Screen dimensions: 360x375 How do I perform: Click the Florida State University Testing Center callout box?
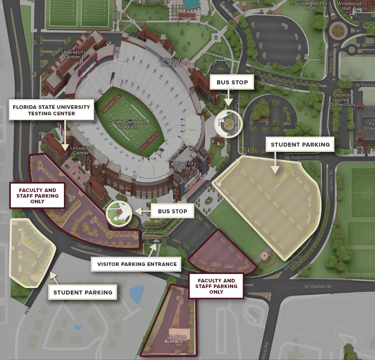pos(51,110)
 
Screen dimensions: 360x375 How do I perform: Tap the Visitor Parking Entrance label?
pos(137,264)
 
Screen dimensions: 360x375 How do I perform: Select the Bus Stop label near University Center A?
pos(232,82)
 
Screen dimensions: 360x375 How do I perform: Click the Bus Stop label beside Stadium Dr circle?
pos(172,211)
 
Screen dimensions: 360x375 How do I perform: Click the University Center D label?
pos(74,55)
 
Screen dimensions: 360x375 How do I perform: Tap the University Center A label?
pos(171,63)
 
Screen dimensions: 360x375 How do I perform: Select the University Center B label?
pos(184,166)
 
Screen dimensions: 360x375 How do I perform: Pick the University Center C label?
pos(82,150)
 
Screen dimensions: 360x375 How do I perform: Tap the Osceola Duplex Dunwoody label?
pos(342,100)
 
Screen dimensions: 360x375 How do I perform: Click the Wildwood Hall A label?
pos(349,5)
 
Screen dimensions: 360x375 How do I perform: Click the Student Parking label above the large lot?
pos(300,145)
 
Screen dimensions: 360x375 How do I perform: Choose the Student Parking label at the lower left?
pos(83,292)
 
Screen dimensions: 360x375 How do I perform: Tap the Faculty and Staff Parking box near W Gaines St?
pos(216,286)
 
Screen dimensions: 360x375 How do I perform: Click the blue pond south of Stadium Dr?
pos(137,294)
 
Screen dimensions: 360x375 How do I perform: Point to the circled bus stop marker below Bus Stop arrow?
pos(228,123)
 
